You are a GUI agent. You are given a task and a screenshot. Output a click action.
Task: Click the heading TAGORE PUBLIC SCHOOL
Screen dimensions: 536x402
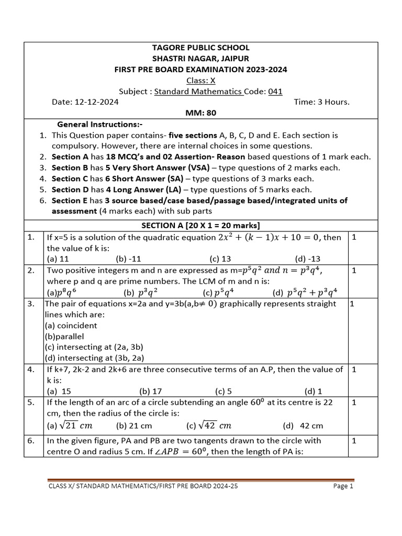click(x=200, y=48)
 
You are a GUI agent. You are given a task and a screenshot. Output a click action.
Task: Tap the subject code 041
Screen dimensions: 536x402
click(x=275, y=92)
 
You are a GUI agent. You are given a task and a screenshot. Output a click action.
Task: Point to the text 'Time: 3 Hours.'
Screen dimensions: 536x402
click(x=321, y=102)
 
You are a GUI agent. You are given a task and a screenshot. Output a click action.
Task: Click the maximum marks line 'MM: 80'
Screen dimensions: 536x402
click(x=200, y=113)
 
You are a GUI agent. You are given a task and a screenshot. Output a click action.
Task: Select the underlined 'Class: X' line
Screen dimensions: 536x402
click(x=200, y=81)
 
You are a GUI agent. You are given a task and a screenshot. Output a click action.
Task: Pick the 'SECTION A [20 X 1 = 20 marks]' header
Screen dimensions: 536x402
click(x=200, y=226)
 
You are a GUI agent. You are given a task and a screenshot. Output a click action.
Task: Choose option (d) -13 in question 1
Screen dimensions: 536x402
click(x=308, y=259)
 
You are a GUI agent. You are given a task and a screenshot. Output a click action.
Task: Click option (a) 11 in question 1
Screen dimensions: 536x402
click(x=58, y=259)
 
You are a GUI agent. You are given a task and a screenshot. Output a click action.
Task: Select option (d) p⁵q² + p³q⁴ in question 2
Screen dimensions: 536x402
click(x=305, y=292)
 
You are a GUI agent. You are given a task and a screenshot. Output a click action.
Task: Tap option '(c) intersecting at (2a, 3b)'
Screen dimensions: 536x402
click(x=94, y=347)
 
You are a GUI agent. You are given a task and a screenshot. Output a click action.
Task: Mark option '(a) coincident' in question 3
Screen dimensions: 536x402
click(x=72, y=325)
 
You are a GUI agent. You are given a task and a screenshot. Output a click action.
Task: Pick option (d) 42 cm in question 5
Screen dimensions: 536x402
click(x=303, y=426)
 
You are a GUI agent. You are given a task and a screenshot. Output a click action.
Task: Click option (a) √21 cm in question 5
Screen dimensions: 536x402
click(x=70, y=425)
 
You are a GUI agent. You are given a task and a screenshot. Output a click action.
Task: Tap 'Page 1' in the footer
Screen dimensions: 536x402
click(x=343, y=486)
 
